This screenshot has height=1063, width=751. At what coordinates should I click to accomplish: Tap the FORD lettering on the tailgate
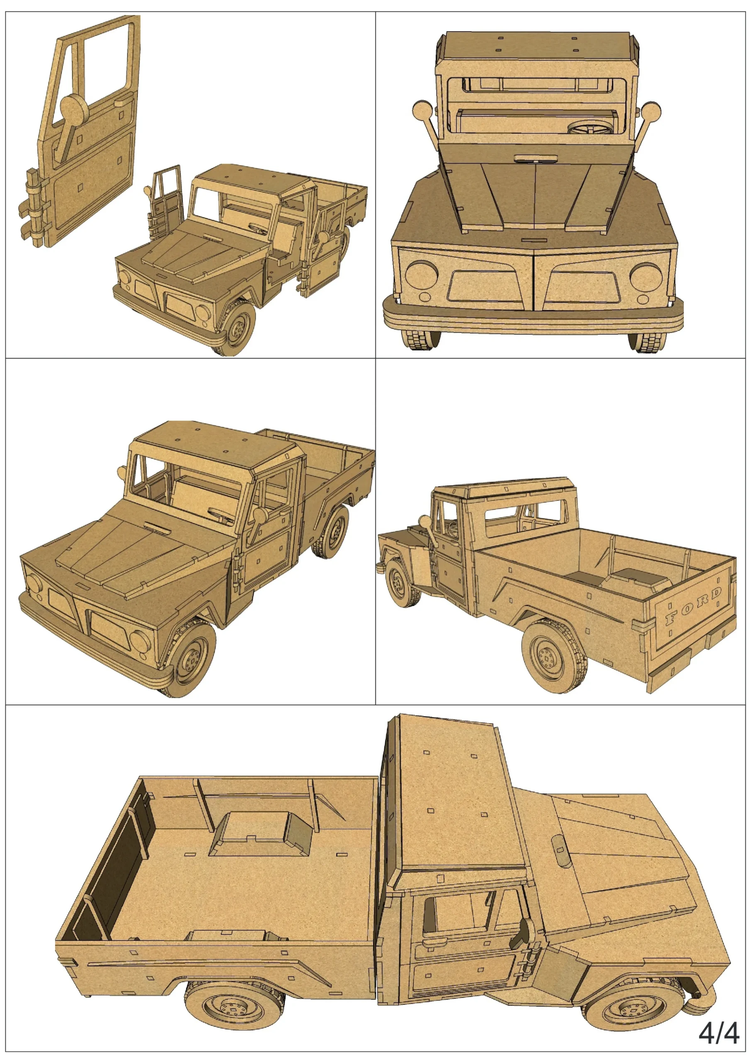click(692, 605)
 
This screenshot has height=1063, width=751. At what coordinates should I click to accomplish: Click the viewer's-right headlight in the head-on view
click(645, 277)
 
